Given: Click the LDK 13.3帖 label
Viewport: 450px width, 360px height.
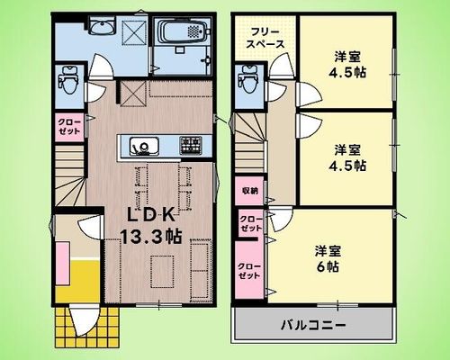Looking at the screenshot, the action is [151, 226].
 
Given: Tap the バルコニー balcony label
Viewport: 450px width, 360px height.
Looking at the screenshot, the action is [313, 325].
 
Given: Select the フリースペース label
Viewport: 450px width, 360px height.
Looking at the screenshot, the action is [265, 38].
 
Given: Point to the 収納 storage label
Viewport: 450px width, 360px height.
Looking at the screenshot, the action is [250, 191].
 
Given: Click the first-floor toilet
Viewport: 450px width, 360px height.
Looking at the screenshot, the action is [68, 80].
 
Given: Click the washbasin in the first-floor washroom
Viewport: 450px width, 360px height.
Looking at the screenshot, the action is [102, 28].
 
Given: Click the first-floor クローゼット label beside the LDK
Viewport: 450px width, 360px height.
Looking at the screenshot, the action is [69, 127].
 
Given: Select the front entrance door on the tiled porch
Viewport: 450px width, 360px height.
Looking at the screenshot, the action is [83, 319].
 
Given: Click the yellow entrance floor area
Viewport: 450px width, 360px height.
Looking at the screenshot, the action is [78, 281].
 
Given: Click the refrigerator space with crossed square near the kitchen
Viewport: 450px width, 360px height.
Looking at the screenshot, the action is [133, 94].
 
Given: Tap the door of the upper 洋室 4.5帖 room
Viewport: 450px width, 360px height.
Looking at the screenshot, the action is [309, 94].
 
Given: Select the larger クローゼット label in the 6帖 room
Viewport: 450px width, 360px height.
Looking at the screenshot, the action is [249, 271].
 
